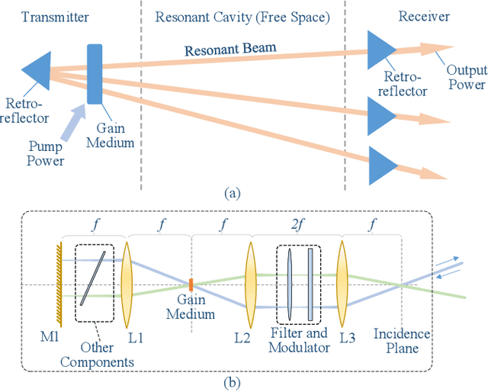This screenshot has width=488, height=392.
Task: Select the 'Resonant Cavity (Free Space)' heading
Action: coord(242,17)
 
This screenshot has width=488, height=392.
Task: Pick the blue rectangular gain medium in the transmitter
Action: coord(95,74)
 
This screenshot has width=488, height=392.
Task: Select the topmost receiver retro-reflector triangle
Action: coord(379,51)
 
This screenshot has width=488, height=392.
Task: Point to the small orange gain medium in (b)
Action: coord(191,284)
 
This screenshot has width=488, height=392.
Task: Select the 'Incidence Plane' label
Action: coord(401,340)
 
